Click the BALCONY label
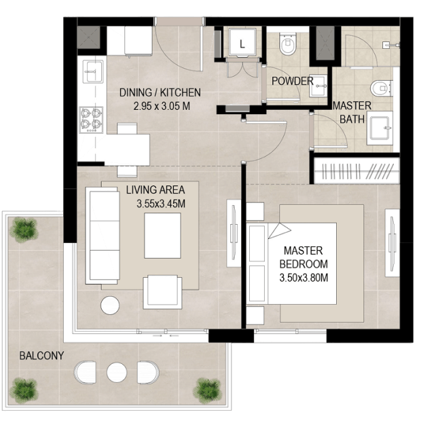41,356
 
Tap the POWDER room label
293,81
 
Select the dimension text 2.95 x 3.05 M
162,106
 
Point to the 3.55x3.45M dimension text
161,204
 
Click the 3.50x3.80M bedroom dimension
304,277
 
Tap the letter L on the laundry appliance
242,43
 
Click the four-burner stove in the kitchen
91,120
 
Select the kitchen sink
93,71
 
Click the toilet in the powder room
287,43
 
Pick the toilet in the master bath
382,88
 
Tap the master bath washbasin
380,128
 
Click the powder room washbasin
318,86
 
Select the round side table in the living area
110,306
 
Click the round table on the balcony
117,372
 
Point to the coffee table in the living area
162,236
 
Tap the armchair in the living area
162,292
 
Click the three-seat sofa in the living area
103,236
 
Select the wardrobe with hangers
356,170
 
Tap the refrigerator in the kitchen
139,41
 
